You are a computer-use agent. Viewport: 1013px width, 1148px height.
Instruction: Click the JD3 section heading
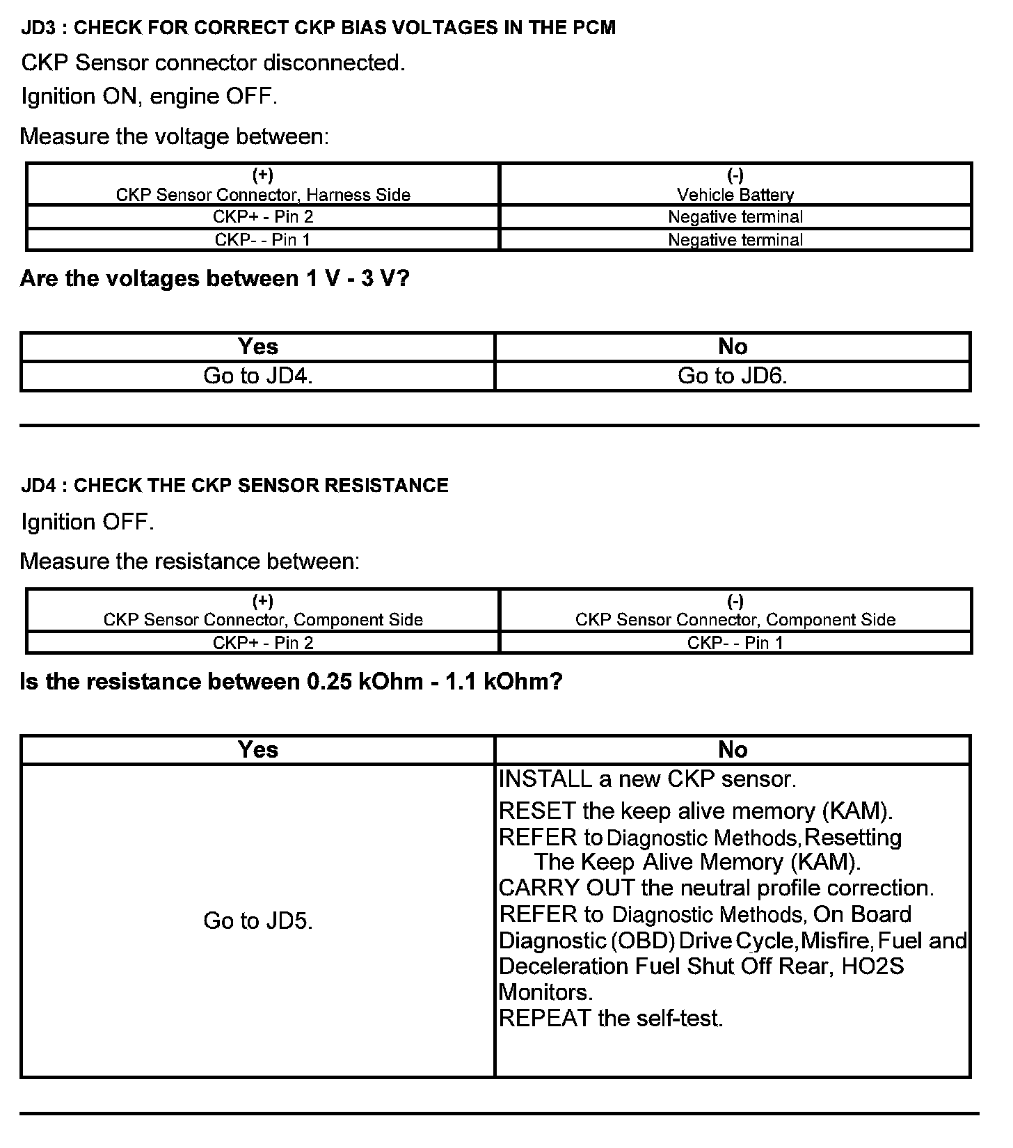[318, 28]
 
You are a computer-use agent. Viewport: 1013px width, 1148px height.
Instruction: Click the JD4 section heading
[234, 485]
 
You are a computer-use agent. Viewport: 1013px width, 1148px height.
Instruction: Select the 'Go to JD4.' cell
[257, 376]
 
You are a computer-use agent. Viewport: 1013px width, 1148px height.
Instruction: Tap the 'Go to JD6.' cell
[732, 376]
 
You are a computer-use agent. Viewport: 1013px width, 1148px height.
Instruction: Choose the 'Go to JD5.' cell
[257, 920]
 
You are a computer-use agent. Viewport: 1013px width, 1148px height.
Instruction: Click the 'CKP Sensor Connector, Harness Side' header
[263, 194]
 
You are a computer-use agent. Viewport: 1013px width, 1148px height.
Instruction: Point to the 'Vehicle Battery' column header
[735, 194]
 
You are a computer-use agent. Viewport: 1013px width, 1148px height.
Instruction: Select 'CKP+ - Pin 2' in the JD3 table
[263, 216]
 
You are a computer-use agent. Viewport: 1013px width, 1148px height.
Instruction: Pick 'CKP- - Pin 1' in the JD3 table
[263, 239]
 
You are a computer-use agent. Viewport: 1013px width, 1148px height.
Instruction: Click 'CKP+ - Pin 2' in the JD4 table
[263, 642]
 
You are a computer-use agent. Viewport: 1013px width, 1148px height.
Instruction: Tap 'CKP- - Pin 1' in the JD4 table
[735, 642]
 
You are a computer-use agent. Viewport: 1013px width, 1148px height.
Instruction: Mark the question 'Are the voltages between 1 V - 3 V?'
[214, 278]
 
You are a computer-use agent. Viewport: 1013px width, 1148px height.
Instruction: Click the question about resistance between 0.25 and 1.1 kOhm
[291, 681]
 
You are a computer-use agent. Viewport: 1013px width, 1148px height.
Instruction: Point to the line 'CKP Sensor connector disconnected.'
[213, 63]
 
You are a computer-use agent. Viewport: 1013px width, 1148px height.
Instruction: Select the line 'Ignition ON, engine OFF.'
[149, 96]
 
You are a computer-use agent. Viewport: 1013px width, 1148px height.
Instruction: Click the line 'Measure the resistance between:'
[190, 561]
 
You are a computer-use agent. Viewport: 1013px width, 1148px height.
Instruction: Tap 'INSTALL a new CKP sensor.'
[647, 779]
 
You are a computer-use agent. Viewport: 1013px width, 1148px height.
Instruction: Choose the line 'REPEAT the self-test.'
[611, 1018]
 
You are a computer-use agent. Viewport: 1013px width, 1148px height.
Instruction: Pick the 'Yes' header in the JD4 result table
[257, 749]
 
